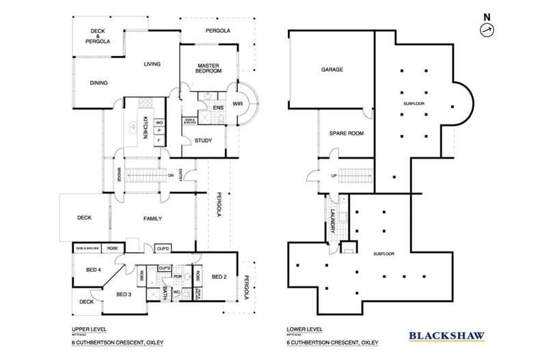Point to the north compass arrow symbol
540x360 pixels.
coord(486,29)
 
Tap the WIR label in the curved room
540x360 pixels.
coord(238,105)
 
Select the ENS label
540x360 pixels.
coord(219,108)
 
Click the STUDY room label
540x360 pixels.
coord(202,141)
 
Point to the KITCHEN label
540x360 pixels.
coord(146,128)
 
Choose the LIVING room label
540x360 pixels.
coord(152,64)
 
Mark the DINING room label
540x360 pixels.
coord(99,83)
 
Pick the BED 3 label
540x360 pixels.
coord(123,294)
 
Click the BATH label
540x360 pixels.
coord(165,295)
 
